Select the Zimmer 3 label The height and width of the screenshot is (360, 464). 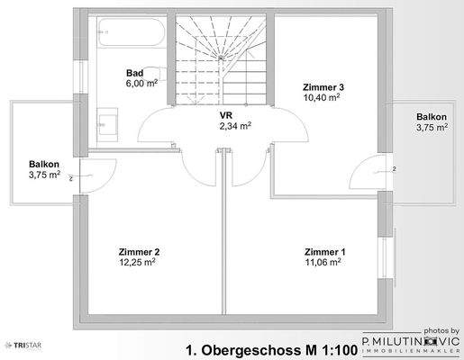click(322, 86)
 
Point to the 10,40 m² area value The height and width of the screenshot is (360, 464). click(322, 97)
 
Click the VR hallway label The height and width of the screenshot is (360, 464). click(225, 116)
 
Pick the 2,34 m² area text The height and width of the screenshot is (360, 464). click(233, 128)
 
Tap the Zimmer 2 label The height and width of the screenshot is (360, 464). click(139, 251)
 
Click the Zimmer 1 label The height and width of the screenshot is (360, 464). click(323, 251)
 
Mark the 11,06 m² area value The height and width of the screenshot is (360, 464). click(323, 262)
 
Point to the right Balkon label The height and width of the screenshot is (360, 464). click(430, 117)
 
